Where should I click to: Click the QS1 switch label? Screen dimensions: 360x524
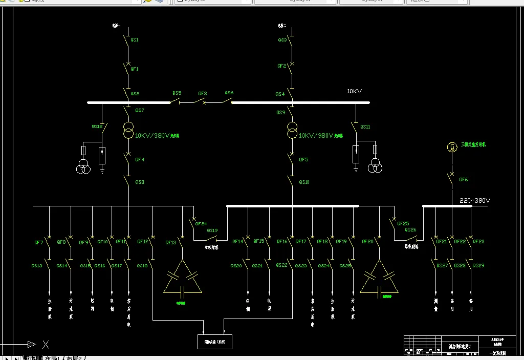coord(135,39)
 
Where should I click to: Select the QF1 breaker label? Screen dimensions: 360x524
coord(135,69)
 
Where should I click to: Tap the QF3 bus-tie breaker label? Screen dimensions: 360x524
coord(203,94)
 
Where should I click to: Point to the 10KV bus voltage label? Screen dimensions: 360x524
coord(354,91)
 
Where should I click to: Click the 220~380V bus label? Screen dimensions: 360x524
coord(475,200)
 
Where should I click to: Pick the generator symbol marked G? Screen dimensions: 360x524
coord(452,147)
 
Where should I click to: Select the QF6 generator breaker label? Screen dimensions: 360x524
coord(463,180)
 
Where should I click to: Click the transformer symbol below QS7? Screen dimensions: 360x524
coord(128,131)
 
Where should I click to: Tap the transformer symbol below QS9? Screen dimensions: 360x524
coord(292,131)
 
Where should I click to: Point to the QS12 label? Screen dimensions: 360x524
coord(97,126)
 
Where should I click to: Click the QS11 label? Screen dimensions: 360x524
coord(365,126)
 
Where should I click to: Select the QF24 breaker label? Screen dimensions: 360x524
coord(201,223)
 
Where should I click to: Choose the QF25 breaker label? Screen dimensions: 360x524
coord(403,223)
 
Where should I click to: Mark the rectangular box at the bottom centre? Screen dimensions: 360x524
coord(215,341)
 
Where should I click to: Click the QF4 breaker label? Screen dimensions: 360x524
coord(140,160)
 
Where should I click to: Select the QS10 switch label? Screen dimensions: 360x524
coord(304,182)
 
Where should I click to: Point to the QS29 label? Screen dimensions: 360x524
coord(478,266)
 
